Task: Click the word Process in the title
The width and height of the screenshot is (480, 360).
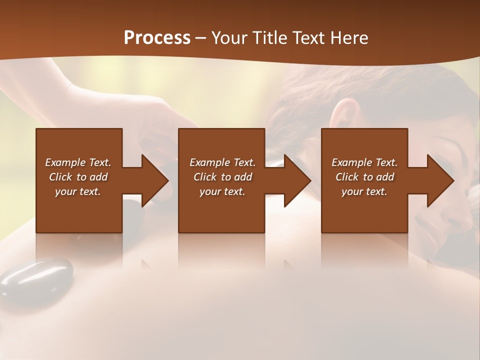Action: pos(157,38)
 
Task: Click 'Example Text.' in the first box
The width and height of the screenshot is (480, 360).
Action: pos(78,162)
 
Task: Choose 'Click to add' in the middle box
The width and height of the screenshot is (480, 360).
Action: pos(222,177)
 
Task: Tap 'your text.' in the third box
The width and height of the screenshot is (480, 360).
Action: pos(364,191)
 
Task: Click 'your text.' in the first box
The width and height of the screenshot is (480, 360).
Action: pos(78,191)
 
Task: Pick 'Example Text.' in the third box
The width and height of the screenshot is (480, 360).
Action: pos(364,162)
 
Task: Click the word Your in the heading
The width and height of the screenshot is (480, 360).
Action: pos(228,38)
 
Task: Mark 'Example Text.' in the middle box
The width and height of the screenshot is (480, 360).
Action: pos(222,162)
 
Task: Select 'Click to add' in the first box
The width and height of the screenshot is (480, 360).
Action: pos(78,177)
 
